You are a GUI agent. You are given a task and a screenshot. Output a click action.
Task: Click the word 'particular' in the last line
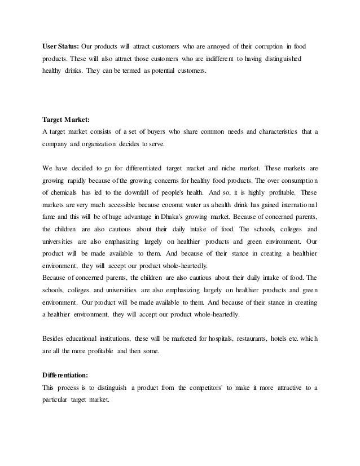click(56, 400)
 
